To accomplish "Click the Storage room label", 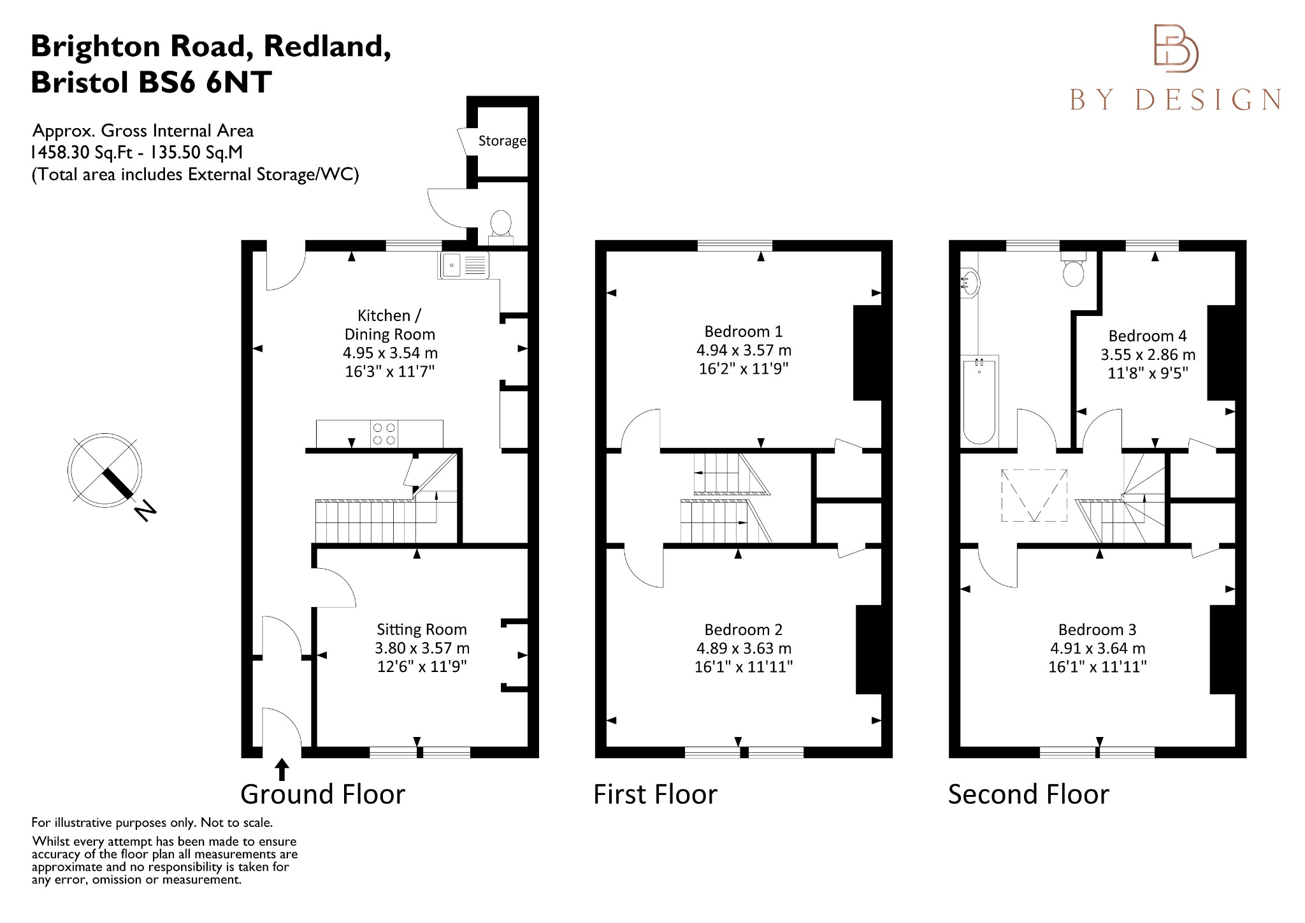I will click(502, 141).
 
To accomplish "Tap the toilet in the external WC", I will click(501, 224).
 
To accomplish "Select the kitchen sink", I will click(463, 265).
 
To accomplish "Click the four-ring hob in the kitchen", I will click(384, 434).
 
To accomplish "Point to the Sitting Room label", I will click(421, 629).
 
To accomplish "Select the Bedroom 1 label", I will click(743, 331).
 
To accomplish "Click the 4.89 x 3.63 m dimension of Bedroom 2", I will click(743, 648).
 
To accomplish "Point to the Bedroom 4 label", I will click(1147, 336).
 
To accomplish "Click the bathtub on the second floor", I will click(979, 399).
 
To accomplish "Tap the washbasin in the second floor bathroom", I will click(969, 283).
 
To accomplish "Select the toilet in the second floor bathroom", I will click(1074, 271).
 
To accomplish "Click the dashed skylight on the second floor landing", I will click(1034, 496).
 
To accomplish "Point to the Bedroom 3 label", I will click(1097, 629).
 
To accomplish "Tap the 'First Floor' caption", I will click(655, 794).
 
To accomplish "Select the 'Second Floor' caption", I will click(1028, 794).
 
